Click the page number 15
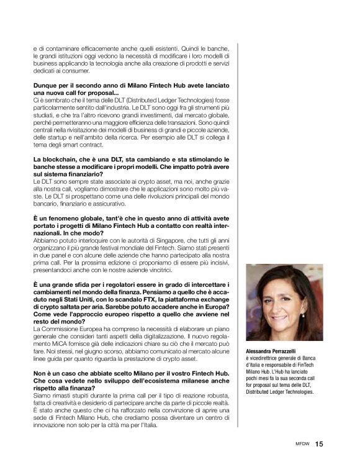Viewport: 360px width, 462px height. point(319,444)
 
